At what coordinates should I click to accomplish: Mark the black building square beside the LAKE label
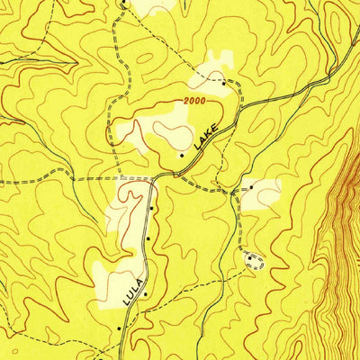tap(183, 155)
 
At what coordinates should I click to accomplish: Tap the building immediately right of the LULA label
tap(143, 292)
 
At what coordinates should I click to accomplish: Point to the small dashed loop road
tap(256, 261)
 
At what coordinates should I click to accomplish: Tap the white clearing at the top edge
tap(153, 6)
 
